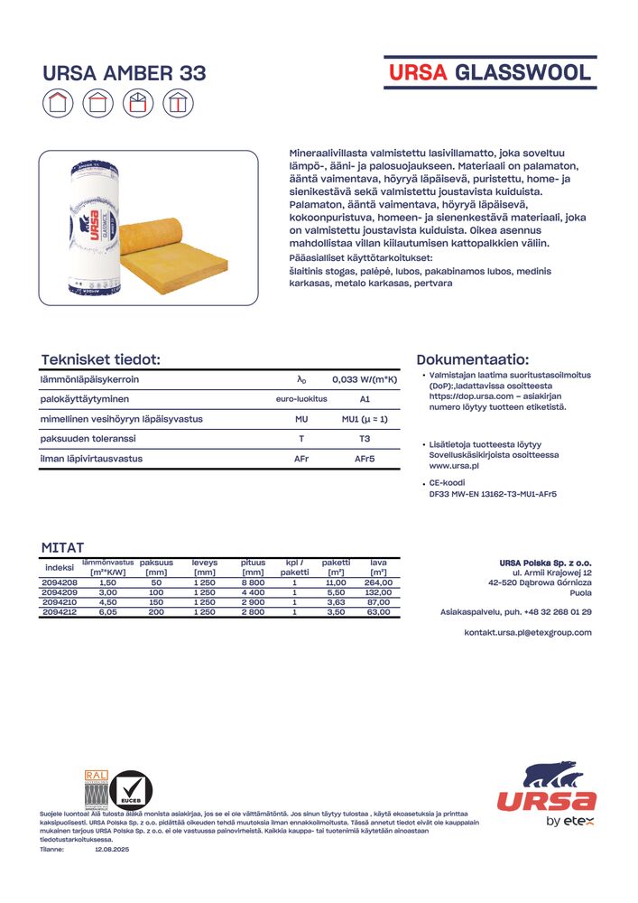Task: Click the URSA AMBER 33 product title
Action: pos(125,73)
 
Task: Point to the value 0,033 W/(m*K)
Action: pos(365,380)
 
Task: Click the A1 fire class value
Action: pos(365,399)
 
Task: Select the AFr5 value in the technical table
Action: pos(365,459)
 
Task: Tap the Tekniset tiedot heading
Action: pos(100,359)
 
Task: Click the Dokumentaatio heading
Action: pos(473,359)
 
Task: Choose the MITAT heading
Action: pos(62,547)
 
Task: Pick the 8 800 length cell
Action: pos(253,583)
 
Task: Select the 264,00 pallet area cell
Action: pos(378,583)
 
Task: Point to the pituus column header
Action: pos(253,563)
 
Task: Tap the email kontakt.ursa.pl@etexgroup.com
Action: pos(528,632)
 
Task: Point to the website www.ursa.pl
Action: pos(453,466)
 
